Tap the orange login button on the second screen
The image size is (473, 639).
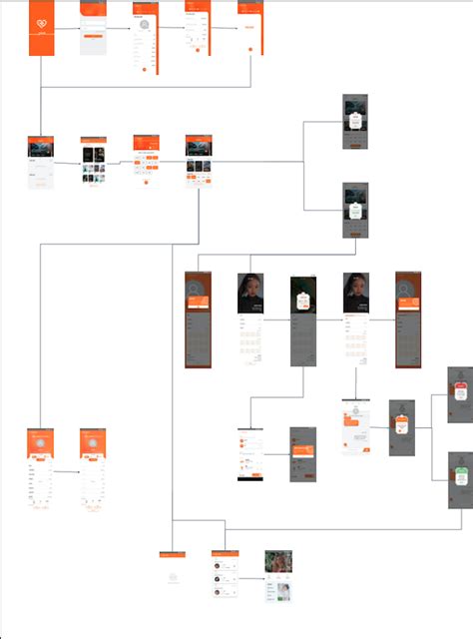93,35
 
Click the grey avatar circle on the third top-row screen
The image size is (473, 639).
145,24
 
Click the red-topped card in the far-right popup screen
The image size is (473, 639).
460,390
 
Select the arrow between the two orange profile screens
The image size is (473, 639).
67,471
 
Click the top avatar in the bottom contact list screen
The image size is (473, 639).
217,565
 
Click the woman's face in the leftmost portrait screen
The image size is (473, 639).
249,291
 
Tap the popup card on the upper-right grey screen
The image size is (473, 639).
355,120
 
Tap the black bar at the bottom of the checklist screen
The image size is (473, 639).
249,475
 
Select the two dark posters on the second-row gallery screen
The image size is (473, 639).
93,157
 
